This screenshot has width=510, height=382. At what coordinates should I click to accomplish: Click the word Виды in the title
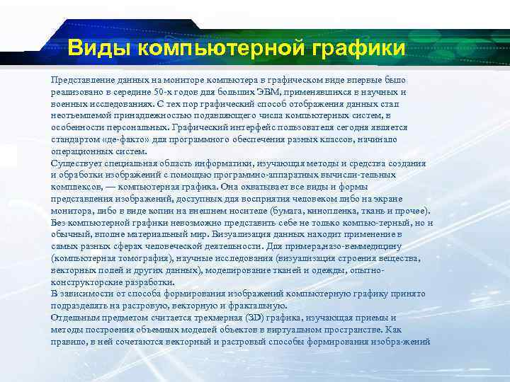tap(100, 49)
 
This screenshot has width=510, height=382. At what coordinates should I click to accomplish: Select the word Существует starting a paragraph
tap(75, 163)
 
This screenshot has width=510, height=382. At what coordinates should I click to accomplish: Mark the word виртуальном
tap(297, 330)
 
